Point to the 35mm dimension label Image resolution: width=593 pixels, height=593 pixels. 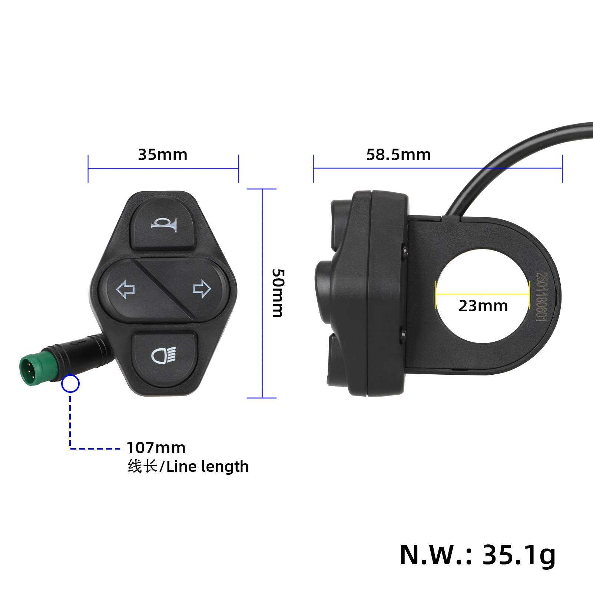[163, 155]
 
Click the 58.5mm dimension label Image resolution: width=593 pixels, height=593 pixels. [398, 155]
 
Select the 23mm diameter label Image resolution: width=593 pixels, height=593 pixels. [483, 306]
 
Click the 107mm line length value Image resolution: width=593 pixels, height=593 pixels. [156, 448]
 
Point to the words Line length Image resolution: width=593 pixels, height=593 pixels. [208, 467]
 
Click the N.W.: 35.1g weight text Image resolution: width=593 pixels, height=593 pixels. [477, 555]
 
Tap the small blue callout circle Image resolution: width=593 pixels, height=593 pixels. [70, 384]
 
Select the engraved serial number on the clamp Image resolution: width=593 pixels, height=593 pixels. [541, 296]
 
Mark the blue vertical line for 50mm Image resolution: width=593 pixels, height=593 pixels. [262, 293]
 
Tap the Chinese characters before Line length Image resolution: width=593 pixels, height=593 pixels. [143, 467]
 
